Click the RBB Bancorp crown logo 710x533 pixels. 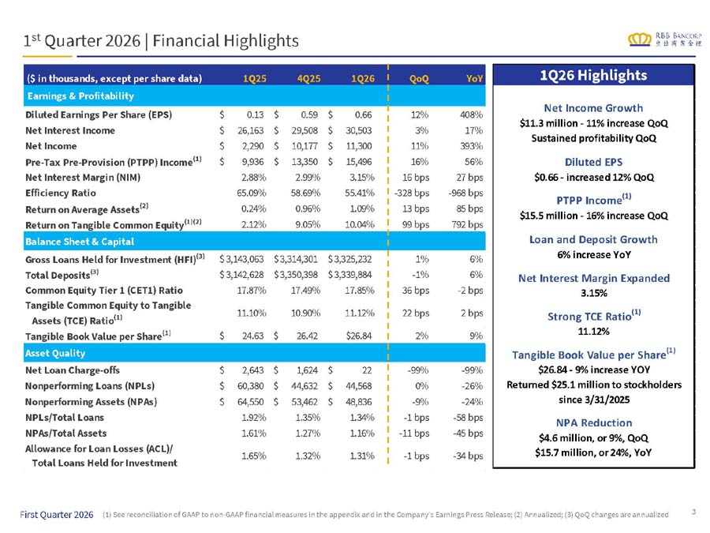639,39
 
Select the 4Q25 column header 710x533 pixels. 308,78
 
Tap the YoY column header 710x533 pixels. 475,78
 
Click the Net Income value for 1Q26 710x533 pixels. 359,146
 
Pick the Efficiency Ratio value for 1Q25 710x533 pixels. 252,193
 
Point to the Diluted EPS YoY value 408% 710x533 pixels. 472,114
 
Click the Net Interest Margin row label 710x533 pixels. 83,177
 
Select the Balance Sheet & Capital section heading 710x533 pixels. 80,242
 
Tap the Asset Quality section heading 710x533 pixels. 55,353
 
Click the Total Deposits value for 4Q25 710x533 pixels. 296,275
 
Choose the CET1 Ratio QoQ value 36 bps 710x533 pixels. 416,290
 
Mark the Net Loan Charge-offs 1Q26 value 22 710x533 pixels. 367,370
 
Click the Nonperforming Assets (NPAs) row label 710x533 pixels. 91,402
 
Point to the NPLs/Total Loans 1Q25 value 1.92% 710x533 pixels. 253,417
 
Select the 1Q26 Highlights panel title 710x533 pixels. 593,75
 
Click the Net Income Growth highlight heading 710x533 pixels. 593,108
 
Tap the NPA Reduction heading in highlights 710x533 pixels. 593,422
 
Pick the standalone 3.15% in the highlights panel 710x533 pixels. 593,293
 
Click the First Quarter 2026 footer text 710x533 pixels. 57,514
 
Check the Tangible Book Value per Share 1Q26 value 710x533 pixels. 359,336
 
